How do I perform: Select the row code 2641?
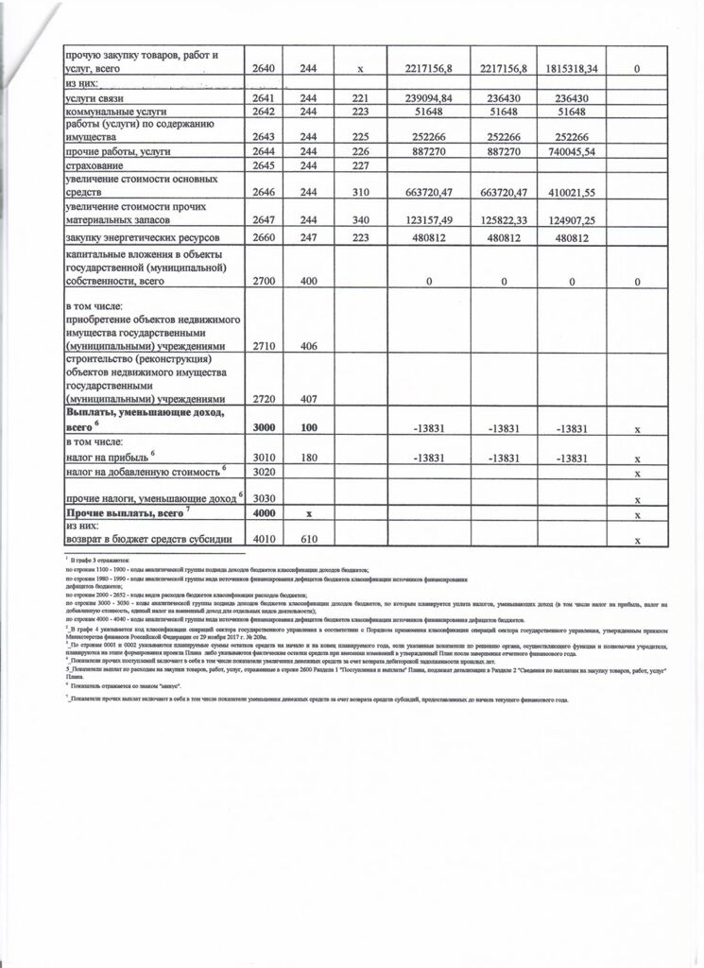pyautogui.click(x=267, y=97)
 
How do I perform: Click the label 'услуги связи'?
pyautogui.click(x=104, y=98)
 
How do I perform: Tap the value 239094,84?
pyautogui.click(x=426, y=97)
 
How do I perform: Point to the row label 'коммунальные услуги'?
pyautogui.click(x=120, y=112)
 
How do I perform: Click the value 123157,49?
pyautogui.click(x=426, y=219)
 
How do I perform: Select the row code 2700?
pyautogui.click(x=267, y=281)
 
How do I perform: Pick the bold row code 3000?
pyautogui.click(x=267, y=428)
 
